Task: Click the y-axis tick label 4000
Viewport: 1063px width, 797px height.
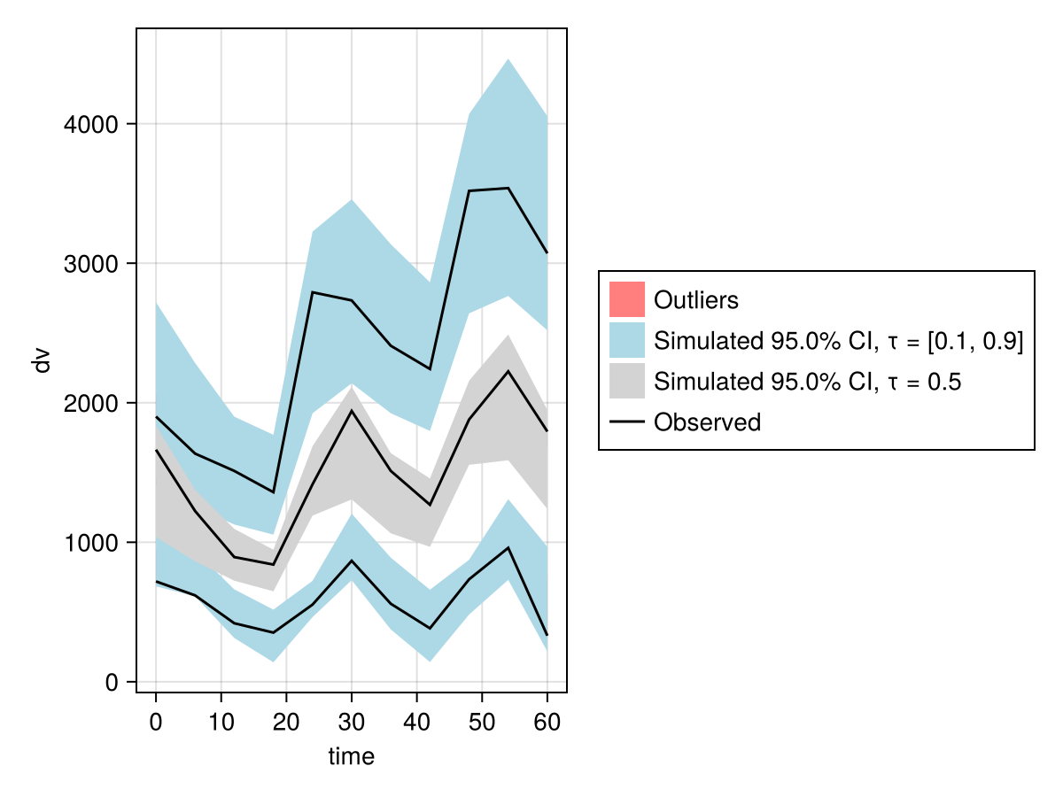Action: [92, 124]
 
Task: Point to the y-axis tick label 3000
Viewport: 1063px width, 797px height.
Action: [92, 264]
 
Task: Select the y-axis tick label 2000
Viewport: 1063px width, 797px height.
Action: [92, 403]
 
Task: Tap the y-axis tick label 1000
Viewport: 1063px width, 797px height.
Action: [92, 543]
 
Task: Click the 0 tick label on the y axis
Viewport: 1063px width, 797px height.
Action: [112, 683]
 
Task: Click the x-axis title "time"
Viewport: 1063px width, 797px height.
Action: [352, 756]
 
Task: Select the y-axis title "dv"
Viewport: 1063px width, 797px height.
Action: [42, 360]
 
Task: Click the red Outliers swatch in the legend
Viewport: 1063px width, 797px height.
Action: [626, 299]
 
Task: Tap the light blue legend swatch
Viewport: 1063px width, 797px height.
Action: [626, 340]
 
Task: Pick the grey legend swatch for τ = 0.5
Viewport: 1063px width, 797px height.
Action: [626, 382]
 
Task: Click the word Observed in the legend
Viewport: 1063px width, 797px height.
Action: [707, 422]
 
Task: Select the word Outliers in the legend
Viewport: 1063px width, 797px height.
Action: [695, 300]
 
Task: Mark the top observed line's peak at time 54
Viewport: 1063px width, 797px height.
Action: [508, 188]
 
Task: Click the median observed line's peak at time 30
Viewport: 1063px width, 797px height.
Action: [352, 410]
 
